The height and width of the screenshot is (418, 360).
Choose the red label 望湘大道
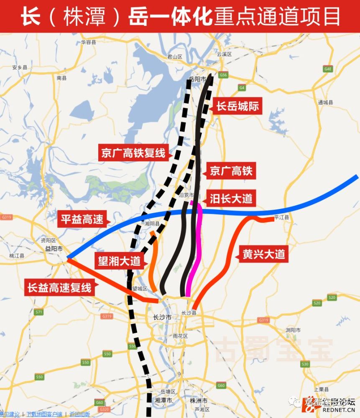click(119, 261)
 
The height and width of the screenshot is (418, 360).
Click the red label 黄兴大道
click(263, 254)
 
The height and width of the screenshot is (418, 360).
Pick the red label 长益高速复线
click(59, 288)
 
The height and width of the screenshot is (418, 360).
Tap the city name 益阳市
click(54, 248)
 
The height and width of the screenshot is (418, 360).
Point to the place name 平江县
click(281, 217)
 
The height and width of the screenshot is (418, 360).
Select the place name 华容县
click(89, 42)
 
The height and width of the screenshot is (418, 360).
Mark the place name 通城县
click(325, 102)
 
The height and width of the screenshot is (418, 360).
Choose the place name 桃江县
click(17, 255)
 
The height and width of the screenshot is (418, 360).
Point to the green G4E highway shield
click(328, 69)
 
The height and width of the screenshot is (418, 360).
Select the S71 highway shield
click(39, 312)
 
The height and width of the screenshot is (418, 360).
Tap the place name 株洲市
click(196, 400)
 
